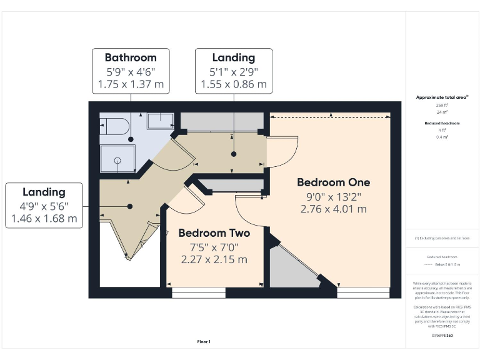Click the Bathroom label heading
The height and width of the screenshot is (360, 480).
130,57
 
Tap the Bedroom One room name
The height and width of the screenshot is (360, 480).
333,182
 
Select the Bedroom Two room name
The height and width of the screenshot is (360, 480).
214,233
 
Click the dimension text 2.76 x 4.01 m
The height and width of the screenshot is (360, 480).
333,209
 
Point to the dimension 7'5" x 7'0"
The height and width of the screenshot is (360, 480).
214,246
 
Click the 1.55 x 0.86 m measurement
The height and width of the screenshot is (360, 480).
233,84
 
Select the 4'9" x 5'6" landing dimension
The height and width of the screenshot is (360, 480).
44,206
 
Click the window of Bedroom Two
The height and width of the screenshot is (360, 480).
199,292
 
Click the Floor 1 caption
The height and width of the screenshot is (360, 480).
204,341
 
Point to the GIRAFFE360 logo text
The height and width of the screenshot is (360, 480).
442,336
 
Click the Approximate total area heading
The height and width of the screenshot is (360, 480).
442,97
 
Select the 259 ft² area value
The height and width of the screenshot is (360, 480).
442,106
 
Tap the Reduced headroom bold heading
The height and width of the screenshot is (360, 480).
442,123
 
